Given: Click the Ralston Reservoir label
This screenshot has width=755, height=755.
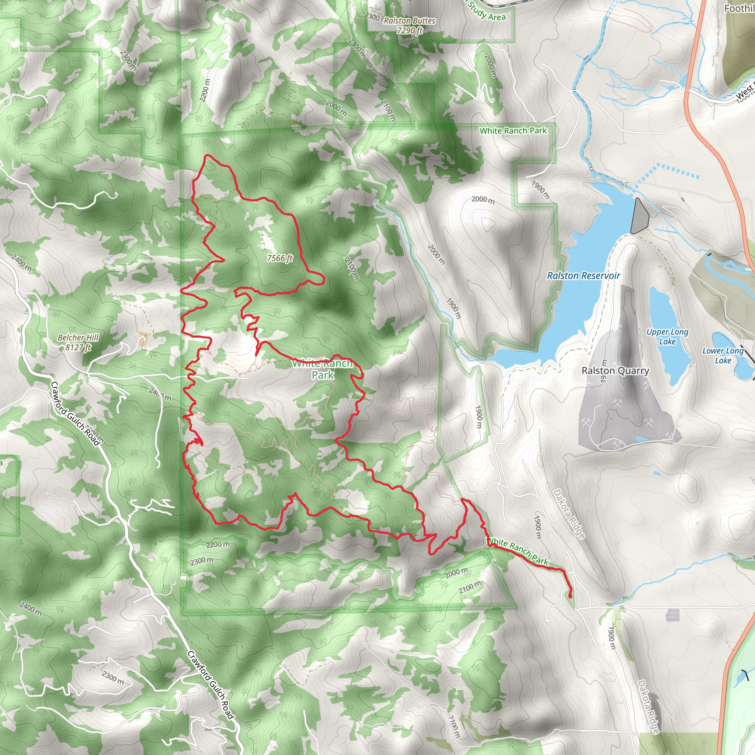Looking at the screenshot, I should click(x=584, y=275).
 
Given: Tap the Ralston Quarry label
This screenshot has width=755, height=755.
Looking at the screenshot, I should click(x=615, y=370).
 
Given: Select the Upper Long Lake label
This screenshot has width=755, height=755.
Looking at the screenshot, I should click(x=668, y=337).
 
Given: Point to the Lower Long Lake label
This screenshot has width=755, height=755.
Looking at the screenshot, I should click(x=723, y=356).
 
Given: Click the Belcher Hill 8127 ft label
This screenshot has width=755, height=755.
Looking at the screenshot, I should click(x=78, y=342).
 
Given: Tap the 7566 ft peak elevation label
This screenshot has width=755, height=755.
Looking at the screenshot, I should click(x=280, y=258).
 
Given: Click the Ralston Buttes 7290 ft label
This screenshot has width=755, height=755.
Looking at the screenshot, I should click(x=409, y=25).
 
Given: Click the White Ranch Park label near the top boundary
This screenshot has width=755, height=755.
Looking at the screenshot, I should click(x=513, y=131).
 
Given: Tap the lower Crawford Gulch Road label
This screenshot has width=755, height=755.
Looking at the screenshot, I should click(x=211, y=685).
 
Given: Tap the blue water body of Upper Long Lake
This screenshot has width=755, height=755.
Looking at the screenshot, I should click(x=664, y=313).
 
